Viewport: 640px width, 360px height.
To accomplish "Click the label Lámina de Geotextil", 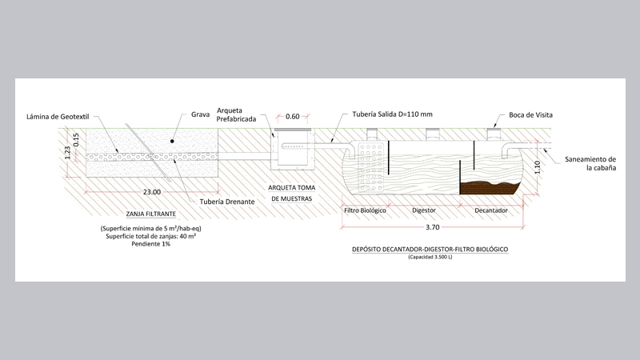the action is (58, 117).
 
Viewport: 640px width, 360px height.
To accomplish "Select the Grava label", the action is (201, 114).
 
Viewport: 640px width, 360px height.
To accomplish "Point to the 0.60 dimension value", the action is (292, 116).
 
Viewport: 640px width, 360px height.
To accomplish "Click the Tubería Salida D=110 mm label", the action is (392, 114).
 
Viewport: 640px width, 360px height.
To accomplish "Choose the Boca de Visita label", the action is (530, 115).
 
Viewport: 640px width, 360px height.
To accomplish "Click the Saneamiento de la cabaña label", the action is (590, 163).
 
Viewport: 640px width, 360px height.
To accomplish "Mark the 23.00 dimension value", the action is (152, 192).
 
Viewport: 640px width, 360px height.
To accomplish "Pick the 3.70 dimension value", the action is (432, 227).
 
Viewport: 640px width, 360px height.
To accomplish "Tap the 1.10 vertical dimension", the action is (537, 167).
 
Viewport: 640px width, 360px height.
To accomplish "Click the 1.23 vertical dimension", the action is (68, 153).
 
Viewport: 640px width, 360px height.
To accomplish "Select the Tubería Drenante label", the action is (227, 202).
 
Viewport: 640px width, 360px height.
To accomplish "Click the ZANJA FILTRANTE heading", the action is (151, 214).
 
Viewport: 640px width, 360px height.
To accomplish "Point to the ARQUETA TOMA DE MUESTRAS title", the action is (291, 193).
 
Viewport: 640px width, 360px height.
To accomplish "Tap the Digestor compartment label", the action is (424, 210).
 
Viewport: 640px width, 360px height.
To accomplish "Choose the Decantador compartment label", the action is (491, 210).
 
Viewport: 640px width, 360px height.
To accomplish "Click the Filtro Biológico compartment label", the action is (365, 210).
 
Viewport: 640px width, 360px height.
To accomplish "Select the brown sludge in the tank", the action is (489, 188).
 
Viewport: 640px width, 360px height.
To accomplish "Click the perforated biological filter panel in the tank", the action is (370, 167).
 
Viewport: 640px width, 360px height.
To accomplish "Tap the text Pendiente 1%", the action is (151, 244).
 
